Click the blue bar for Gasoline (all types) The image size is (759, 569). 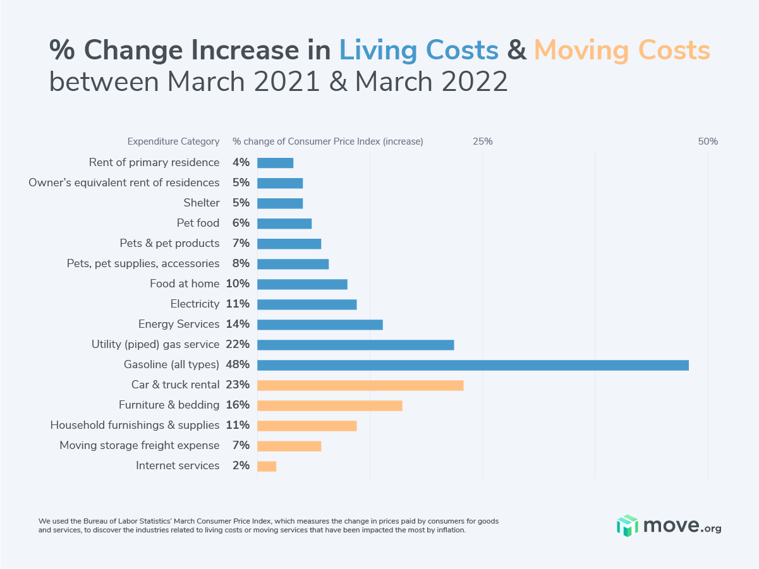tap(473, 365)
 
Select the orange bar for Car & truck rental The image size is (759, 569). tap(360, 385)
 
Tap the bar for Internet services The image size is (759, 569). tap(267, 466)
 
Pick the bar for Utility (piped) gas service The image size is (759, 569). tap(356, 345)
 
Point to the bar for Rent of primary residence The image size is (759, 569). tap(276, 163)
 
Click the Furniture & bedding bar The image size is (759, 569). tap(330, 405)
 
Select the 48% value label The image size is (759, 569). tap(238, 364)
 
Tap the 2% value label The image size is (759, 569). tap(241, 465)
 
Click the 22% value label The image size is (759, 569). tap(238, 344)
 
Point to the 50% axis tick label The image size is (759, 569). tap(708, 141)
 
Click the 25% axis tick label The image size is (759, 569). tap(483, 141)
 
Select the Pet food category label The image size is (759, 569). tap(198, 223)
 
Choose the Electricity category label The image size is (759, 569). tap(195, 304)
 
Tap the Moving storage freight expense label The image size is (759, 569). tap(140, 445)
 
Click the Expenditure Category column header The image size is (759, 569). tap(173, 141)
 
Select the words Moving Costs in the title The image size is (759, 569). tap(622, 51)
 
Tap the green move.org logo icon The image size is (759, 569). tap(628, 525)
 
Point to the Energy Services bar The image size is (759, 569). tap(320, 325)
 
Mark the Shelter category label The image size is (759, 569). tap(202, 203)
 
